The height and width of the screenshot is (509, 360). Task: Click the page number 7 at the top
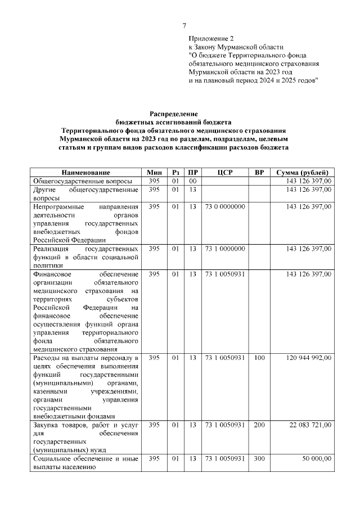click(184, 25)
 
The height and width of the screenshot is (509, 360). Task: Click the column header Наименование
click(85, 172)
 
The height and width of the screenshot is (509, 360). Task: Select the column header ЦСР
click(225, 172)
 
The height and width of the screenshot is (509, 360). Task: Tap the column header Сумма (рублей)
click(302, 172)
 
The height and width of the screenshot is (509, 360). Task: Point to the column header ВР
click(259, 172)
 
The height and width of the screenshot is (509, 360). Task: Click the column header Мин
click(154, 172)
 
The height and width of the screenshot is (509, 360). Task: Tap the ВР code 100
click(259, 358)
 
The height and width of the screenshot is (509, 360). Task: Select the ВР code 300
click(259, 459)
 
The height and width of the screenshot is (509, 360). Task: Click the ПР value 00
click(192, 181)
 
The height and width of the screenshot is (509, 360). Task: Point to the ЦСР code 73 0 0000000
click(225, 207)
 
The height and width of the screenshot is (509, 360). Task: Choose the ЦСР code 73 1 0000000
click(225, 249)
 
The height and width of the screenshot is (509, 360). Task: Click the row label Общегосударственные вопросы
click(83, 181)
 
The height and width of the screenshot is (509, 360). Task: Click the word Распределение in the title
click(173, 114)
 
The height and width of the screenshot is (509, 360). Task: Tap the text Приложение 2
click(210, 38)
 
